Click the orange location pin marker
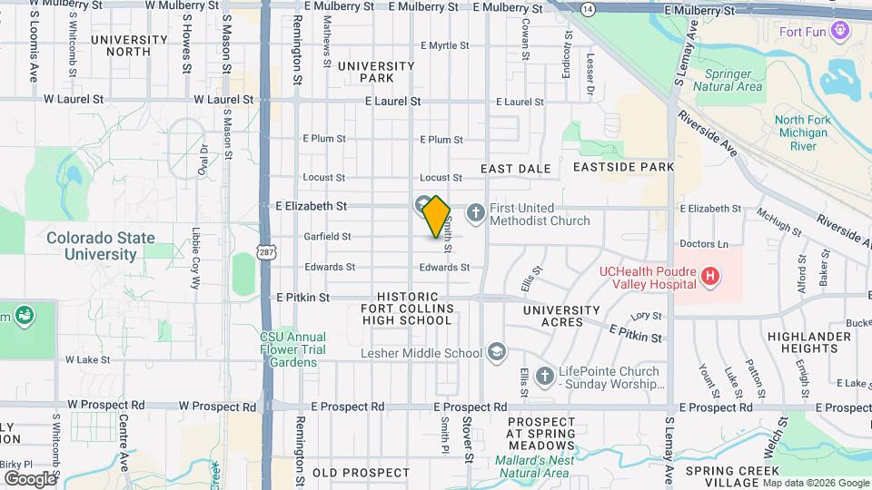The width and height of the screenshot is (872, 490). (x=436, y=218)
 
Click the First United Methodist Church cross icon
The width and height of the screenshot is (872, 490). (x=474, y=213)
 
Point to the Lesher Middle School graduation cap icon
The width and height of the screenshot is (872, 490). (x=496, y=352)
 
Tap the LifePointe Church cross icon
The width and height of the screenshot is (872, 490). (x=544, y=377)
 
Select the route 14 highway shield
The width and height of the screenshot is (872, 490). (x=589, y=9)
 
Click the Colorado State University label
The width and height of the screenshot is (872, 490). (x=101, y=246)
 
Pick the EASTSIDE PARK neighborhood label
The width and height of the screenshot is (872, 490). (x=623, y=167)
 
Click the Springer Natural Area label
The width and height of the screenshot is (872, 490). (x=728, y=80)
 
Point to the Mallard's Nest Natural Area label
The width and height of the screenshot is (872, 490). (x=535, y=466)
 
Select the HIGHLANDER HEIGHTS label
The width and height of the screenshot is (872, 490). (x=815, y=343)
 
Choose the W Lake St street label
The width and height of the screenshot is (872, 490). (x=87, y=359)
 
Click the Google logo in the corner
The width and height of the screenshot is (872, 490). (x=30, y=478)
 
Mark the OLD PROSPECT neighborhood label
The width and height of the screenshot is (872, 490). (x=362, y=473)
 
